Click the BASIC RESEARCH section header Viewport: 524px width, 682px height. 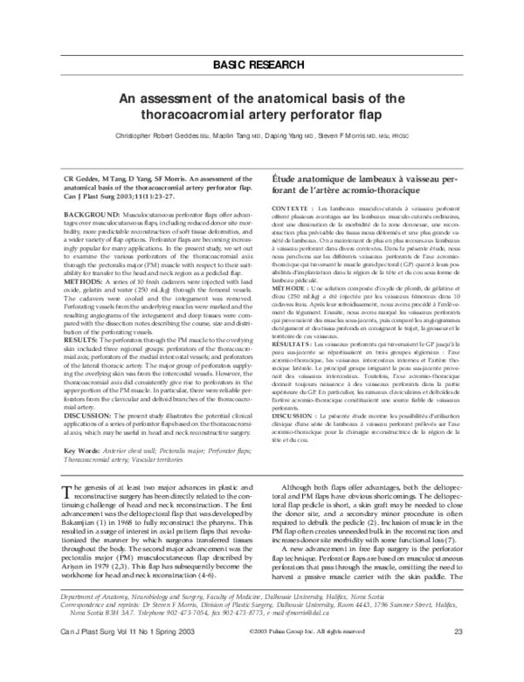[261, 65]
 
